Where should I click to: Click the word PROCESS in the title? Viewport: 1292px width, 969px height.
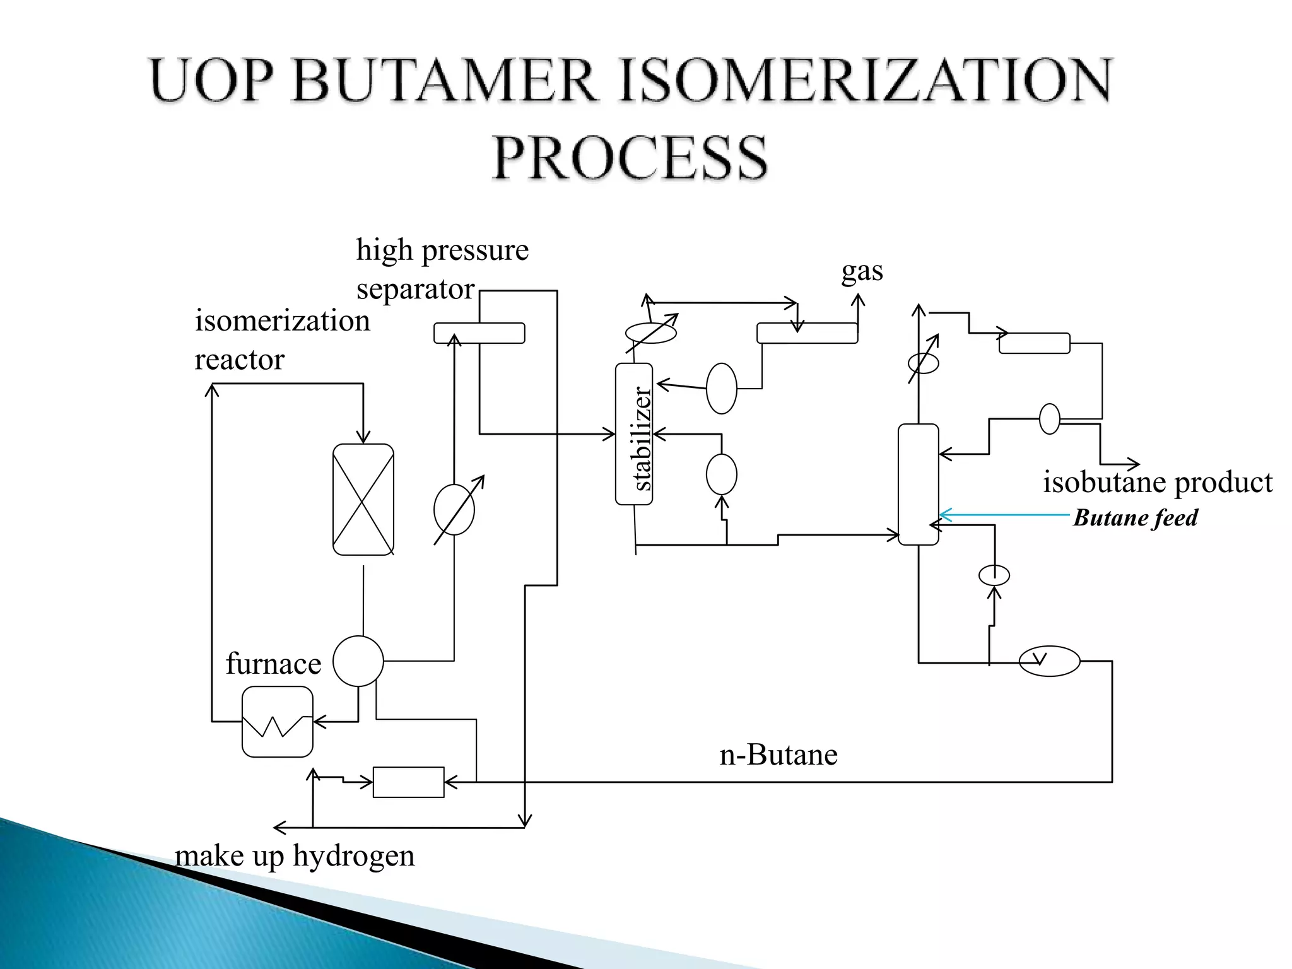click(629, 157)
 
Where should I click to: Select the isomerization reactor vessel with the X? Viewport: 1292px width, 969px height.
click(363, 499)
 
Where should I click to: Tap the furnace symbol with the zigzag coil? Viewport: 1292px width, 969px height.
click(277, 722)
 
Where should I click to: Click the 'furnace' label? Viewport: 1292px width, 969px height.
click(273, 664)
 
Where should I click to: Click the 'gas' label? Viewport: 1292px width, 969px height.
click(862, 271)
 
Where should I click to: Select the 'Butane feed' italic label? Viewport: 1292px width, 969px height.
click(1135, 518)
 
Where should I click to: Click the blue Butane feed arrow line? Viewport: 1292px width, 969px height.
click(1009, 515)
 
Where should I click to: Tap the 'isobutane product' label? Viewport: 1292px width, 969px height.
click(1157, 483)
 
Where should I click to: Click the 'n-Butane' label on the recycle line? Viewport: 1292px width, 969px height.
click(778, 755)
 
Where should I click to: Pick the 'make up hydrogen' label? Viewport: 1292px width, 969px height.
click(295, 856)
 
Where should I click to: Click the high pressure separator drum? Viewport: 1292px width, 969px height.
click(479, 333)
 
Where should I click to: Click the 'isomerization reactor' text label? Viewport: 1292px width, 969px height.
click(281, 340)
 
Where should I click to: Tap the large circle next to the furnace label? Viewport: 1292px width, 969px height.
click(358, 661)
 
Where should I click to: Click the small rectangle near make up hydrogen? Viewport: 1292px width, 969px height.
click(408, 782)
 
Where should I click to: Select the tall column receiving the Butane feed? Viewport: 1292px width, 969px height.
click(918, 484)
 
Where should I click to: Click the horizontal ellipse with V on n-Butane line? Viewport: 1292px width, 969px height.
click(1049, 661)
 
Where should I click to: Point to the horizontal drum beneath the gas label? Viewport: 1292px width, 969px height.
click(806, 333)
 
